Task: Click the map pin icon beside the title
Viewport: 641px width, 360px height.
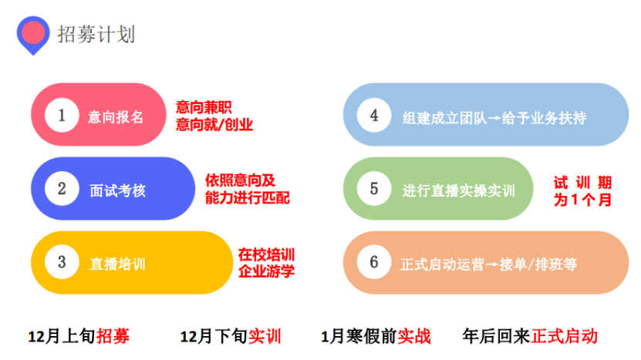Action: pos(33,35)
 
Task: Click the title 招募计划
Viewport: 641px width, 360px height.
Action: pos(96,35)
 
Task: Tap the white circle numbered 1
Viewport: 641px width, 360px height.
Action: pos(62,115)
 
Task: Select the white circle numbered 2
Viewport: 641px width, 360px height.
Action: pos(62,188)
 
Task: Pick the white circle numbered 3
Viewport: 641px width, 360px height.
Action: pos(62,262)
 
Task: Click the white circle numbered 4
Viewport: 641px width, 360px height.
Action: pos(373,115)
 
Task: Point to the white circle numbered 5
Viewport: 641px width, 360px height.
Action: pos(373,188)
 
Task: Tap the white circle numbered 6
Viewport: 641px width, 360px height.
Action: pos(373,262)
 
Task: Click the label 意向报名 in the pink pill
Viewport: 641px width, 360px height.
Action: pos(116,117)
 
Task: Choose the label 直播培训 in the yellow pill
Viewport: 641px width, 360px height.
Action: pos(118,264)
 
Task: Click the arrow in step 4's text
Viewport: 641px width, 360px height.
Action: pos(494,119)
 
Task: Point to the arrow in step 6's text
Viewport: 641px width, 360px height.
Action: pos(492,264)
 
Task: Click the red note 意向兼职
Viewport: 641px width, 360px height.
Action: pos(204,107)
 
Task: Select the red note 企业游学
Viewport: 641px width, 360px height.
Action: pos(267,271)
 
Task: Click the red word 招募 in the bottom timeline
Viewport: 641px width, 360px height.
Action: pos(113,336)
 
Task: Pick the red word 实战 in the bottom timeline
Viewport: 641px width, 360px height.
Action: pos(414,336)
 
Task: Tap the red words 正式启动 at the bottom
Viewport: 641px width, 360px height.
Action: pos(565,336)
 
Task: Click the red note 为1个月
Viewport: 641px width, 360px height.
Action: pos(582,200)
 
